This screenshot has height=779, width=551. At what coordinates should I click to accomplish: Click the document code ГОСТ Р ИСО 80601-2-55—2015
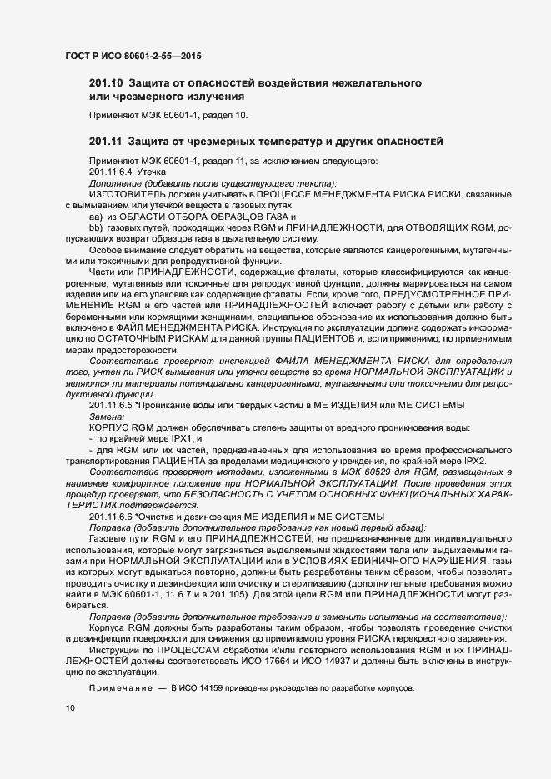133,57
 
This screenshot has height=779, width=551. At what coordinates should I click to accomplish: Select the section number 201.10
105,84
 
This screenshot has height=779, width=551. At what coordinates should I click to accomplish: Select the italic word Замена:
106,415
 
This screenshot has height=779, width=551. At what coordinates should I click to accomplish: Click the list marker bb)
95,227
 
